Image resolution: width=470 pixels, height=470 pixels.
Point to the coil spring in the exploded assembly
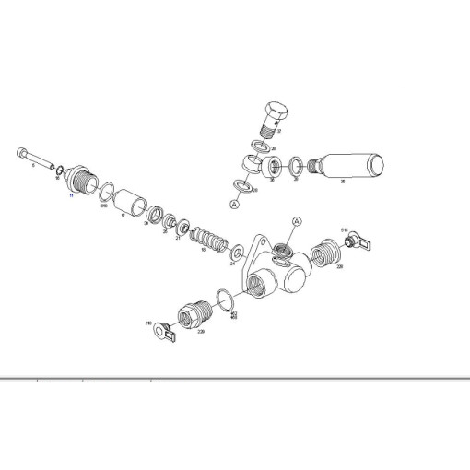(206, 243)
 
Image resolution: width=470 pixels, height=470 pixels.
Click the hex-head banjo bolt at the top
(274, 115)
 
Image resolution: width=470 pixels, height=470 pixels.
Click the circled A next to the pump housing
(297, 222)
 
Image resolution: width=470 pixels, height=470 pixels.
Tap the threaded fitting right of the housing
(323, 254)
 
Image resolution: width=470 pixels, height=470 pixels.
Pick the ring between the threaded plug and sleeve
(107, 193)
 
